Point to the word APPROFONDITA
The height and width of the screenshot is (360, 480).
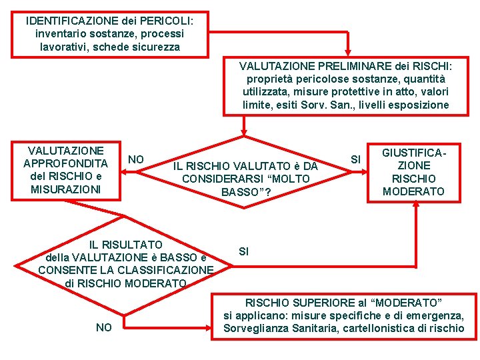[x=65, y=163]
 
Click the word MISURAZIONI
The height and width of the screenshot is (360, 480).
[x=65, y=189]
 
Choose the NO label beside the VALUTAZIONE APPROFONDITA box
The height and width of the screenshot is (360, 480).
[x=136, y=159]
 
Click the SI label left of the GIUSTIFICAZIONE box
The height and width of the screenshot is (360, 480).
[x=355, y=159]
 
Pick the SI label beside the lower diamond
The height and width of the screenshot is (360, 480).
[x=243, y=251]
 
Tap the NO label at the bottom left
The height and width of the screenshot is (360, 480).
[x=104, y=327]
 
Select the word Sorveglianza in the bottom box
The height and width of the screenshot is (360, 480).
[x=255, y=328]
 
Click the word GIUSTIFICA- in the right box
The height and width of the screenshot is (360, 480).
[x=413, y=153]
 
